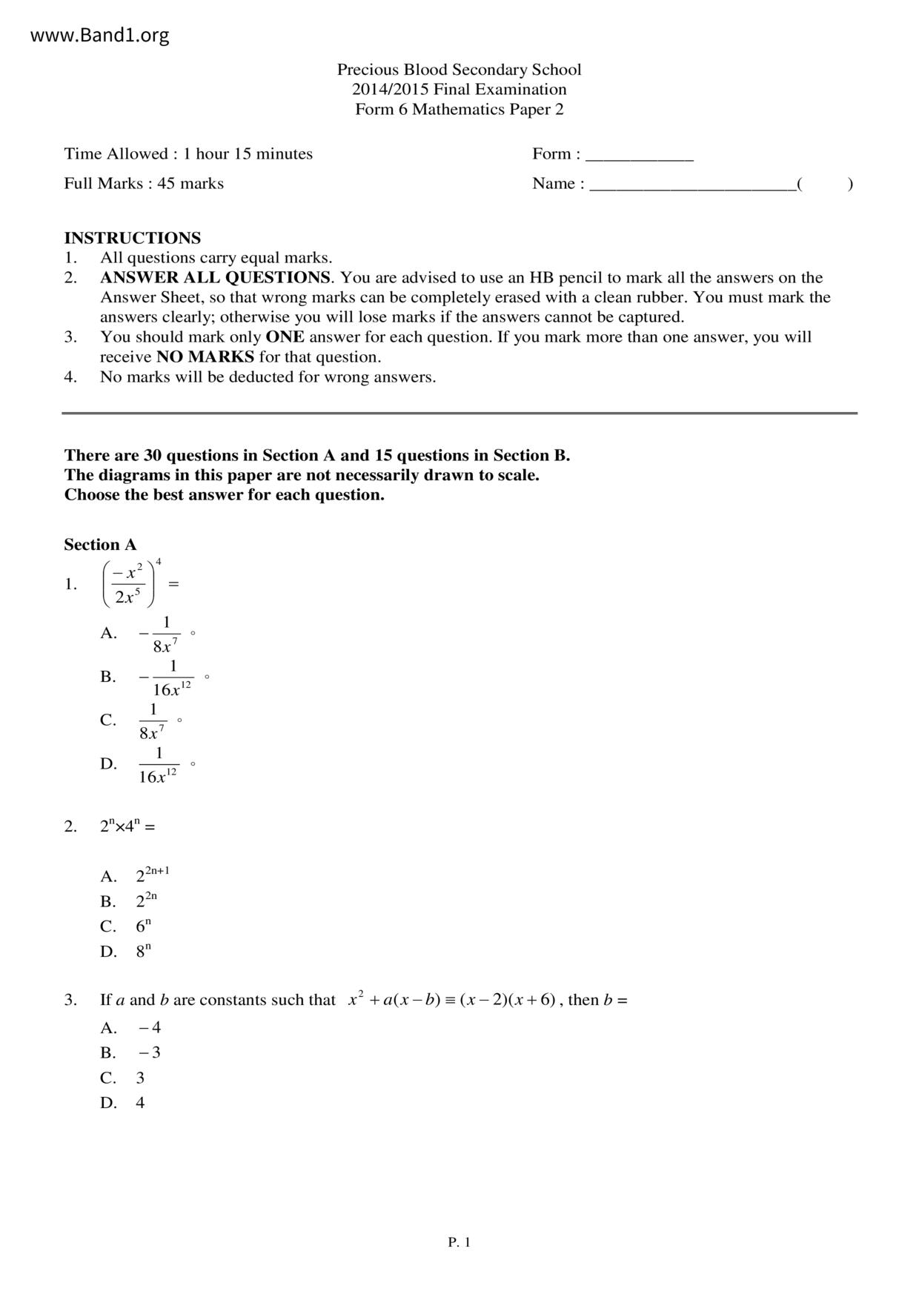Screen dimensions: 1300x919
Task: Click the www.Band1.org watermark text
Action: click(99, 35)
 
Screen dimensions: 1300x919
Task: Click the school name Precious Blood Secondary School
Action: click(459, 70)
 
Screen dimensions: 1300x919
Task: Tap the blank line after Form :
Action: click(639, 157)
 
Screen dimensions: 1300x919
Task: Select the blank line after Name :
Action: click(692, 187)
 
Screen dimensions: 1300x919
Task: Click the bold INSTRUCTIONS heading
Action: click(132, 238)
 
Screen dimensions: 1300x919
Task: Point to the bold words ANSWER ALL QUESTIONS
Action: click(215, 278)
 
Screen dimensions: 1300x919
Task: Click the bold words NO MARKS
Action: click(205, 357)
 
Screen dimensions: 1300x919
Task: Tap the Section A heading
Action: click(100, 545)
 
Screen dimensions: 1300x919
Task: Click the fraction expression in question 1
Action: click(130, 584)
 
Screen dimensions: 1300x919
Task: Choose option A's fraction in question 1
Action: click(160, 634)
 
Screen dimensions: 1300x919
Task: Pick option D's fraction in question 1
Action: click(158, 765)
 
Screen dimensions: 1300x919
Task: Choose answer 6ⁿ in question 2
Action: click(143, 926)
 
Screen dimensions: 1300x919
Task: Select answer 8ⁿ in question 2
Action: click(143, 952)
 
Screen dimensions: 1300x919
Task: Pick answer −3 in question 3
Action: click(149, 1052)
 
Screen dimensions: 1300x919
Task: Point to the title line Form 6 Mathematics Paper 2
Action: click(459, 110)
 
